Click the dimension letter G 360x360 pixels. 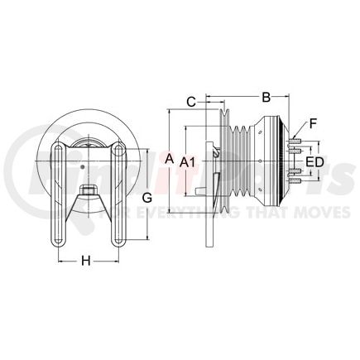147,198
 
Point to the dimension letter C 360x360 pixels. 190,103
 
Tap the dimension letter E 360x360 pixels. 310,162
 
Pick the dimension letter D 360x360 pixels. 319,162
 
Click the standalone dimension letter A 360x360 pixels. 170,157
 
